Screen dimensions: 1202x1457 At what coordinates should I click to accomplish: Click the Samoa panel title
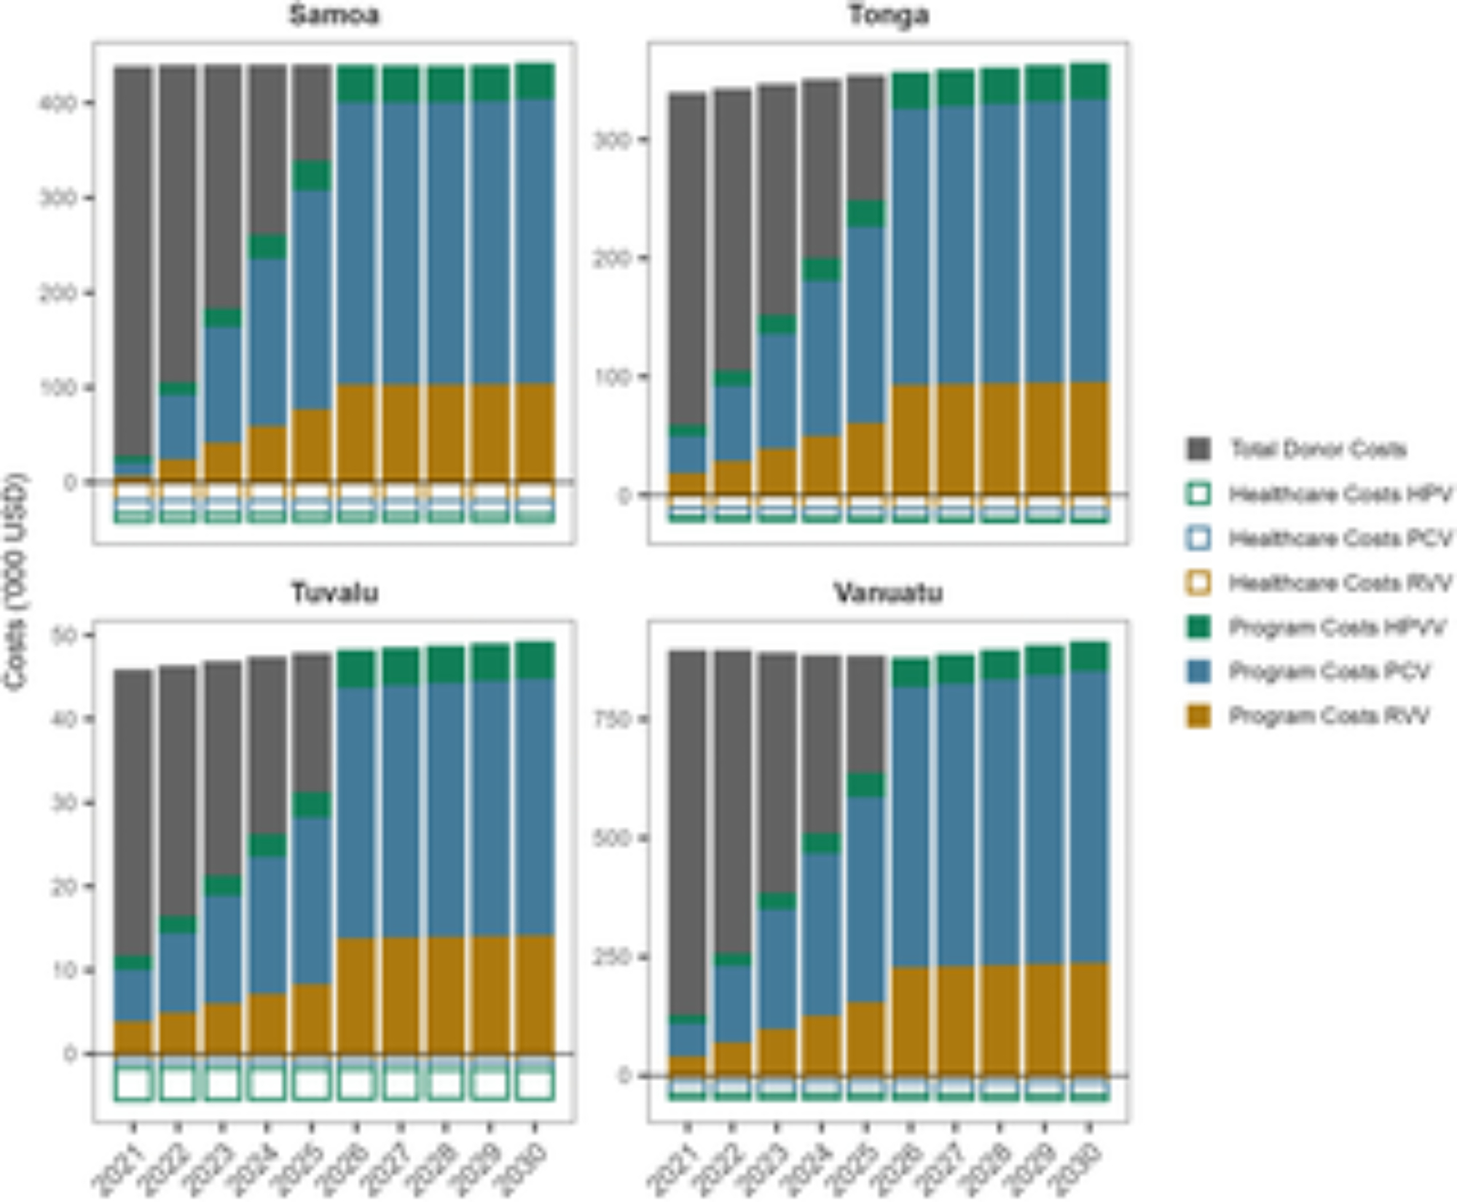(334, 15)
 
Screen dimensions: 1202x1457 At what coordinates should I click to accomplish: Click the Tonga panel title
(888, 15)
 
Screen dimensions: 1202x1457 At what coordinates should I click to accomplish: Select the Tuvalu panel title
(334, 592)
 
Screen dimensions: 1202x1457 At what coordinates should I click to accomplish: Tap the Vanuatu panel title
(888, 592)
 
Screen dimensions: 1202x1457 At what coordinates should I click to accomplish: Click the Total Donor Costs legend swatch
(1198, 449)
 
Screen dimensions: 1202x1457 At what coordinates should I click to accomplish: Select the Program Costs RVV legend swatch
(1198, 716)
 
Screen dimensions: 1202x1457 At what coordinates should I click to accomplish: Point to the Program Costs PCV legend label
(1330, 672)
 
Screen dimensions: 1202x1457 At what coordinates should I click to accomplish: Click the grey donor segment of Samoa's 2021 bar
(133, 255)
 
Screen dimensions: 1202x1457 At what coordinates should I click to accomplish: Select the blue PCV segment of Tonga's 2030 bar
(1090, 240)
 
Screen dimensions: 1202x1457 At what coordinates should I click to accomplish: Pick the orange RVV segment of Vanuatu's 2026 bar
(911, 1020)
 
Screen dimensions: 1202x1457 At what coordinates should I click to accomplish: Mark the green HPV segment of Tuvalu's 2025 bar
(312, 804)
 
